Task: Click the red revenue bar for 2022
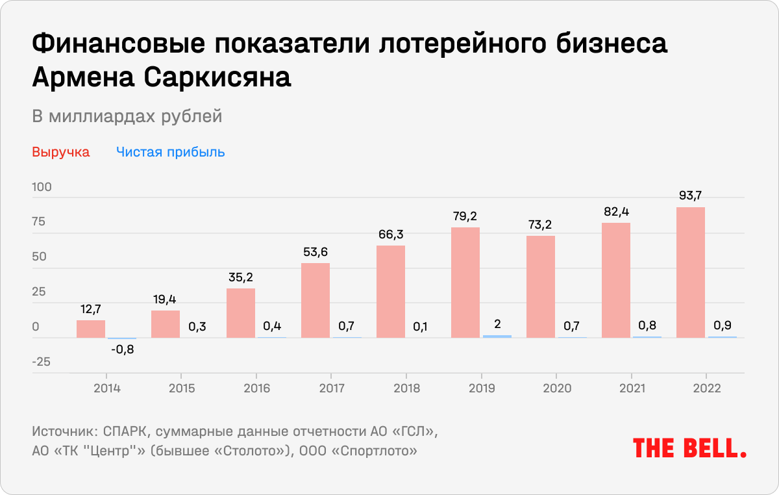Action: pyautogui.click(x=691, y=272)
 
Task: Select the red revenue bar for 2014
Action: pyautogui.click(x=91, y=329)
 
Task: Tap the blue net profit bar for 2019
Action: pyautogui.click(x=497, y=336)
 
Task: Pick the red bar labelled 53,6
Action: pyautogui.click(x=315, y=300)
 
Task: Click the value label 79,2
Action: pyautogui.click(x=465, y=215)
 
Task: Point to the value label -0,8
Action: pyautogui.click(x=121, y=349)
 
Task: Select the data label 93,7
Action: pyautogui.click(x=691, y=195)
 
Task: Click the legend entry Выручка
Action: pyautogui.click(x=61, y=153)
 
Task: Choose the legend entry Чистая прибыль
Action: pyautogui.click(x=171, y=153)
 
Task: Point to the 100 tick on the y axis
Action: pyautogui.click(x=42, y=187)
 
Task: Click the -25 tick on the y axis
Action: pyautogui.click(x=42, y=362)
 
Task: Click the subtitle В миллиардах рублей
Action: pyautogui.click(x=127, y=116)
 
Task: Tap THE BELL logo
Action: pyautogui.click(x=689, y=448)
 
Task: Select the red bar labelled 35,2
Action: pyautogui.click(x=241, y=313)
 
